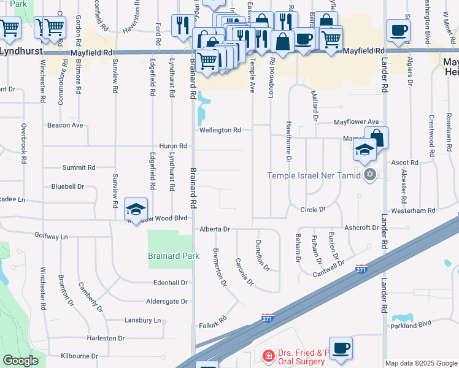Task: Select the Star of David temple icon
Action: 369,176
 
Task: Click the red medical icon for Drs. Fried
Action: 268,356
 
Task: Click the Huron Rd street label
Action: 172,146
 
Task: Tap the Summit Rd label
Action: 79,167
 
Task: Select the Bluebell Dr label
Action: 67,186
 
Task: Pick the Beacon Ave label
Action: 64,125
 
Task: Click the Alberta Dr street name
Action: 214,229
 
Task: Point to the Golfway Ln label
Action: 51,236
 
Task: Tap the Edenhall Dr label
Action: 171,283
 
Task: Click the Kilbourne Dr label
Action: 76,356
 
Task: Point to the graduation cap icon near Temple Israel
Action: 364,150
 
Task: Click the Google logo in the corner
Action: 20,361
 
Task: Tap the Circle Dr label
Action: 313,210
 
